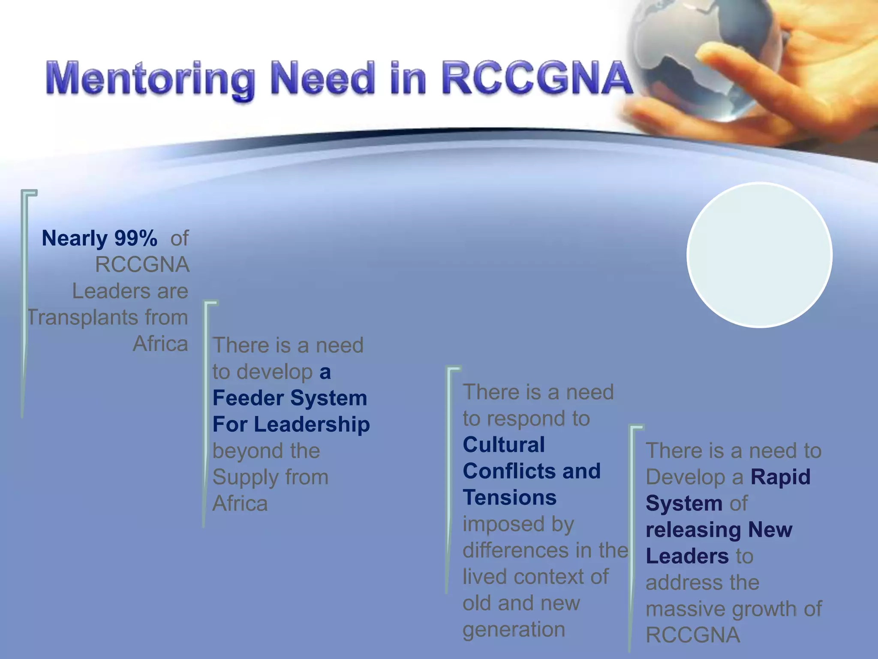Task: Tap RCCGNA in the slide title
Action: point(536,78)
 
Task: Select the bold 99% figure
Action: point(135,238)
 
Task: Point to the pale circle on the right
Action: point(759,255)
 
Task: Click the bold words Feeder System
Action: point(290,398)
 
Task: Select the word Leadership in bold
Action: point(312,424)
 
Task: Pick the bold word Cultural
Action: point(504,444)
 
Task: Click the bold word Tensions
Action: point(510,498)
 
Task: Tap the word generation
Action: point(514,630)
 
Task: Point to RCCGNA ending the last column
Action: point(693,635)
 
